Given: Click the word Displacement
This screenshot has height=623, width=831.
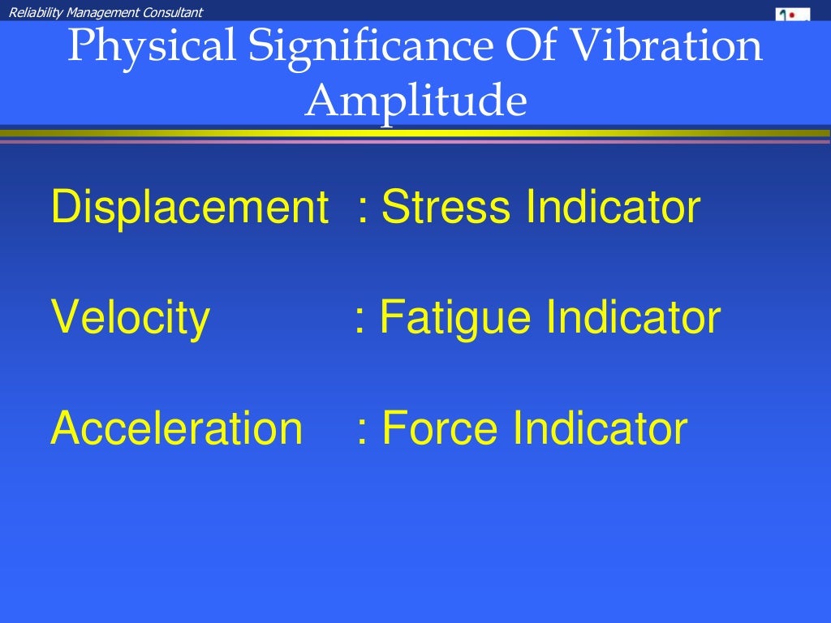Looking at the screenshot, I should pos(189,208).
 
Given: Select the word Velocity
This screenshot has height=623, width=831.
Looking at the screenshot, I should pos(130,317).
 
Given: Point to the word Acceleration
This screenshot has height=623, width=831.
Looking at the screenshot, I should pos(176,428).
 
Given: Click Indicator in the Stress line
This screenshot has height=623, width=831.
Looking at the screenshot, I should pos(613,208).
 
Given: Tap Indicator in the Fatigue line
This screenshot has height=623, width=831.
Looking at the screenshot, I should pos(633,317).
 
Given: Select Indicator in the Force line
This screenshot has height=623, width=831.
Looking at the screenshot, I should pos(601,428).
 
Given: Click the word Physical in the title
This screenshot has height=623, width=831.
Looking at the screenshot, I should pos(151,47).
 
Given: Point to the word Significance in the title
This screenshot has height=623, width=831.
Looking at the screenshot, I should pos(369,47).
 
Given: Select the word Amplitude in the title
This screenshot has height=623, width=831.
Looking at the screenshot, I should pos(415,101).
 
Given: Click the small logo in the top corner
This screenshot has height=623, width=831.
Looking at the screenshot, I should pos(793,14).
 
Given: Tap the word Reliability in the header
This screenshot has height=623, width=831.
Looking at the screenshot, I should pos(33,11).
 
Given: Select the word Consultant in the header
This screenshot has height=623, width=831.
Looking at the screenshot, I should pos(173,11).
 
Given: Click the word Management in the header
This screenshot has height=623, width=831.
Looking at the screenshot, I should pos(101,11).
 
